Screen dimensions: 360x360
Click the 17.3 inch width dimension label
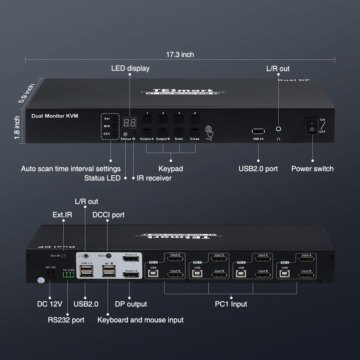point(180,55)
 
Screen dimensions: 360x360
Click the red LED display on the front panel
point(130,123)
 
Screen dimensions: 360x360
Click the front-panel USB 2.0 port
point(258,131)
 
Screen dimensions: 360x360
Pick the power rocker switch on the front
point(312,126)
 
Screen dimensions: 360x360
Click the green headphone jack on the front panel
point(278,129)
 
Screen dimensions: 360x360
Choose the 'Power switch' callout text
point(312,168)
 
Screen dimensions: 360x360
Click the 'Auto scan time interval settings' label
point(71,168)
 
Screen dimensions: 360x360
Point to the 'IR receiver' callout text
point(154,178)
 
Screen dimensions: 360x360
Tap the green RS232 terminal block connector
point(68,275)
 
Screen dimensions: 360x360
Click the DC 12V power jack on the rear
point(51,274)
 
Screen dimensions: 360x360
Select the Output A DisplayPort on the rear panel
point(131,258)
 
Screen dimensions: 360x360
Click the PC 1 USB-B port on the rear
point(285,274)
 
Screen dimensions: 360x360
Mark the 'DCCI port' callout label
point(108,215)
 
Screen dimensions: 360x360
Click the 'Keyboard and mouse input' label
point(140,320)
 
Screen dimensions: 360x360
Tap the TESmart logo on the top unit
point(183,91)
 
